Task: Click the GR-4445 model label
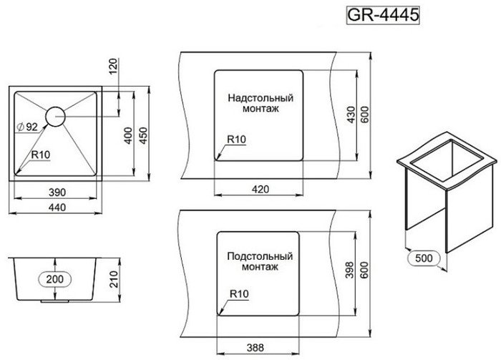click(x=382, y=15)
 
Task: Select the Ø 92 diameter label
click(x=27, y=127)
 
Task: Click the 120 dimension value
click(x=113, y=67)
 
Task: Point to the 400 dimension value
click(x=128, y=135)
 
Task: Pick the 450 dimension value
click(x=143, y=135)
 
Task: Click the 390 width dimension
click(x=57, y=193)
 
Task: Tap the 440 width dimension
click(x=57, y=208)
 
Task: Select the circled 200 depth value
click(x=55, y=279)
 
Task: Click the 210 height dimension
click(x=114, y=279)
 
